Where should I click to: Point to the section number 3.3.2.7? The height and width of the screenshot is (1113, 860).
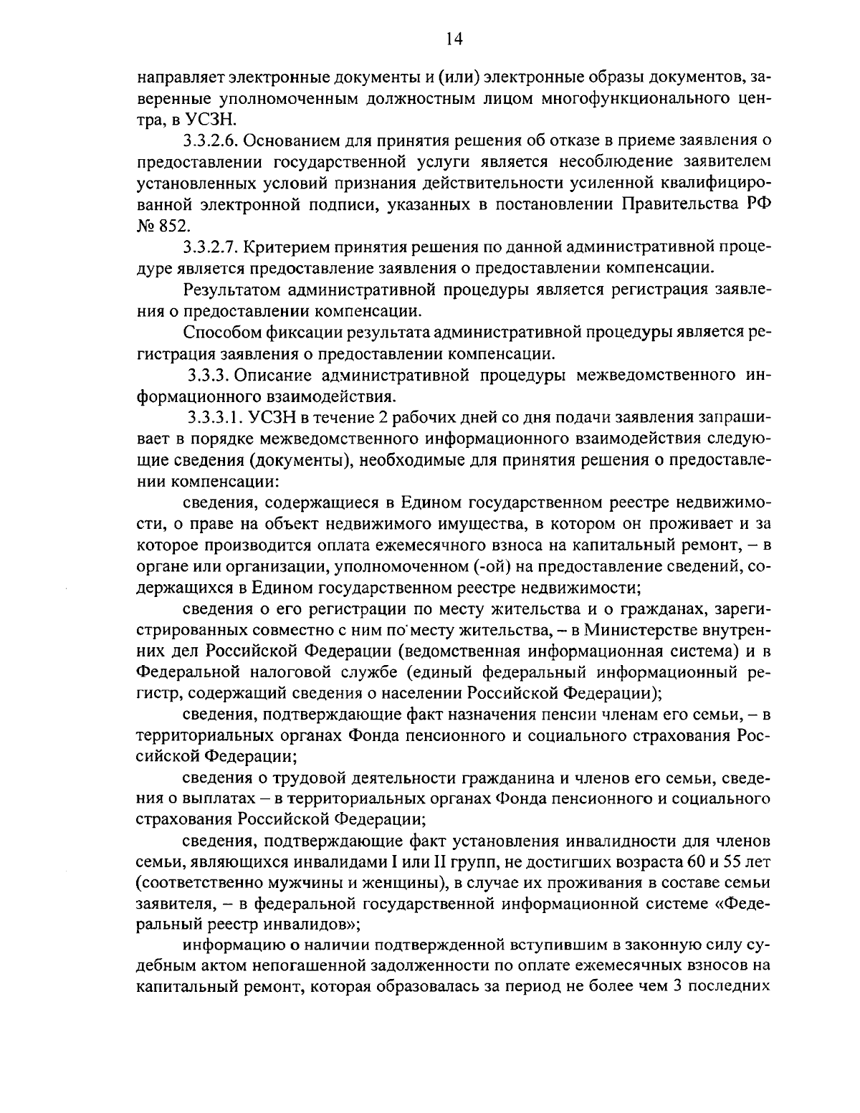coord(212,247)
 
